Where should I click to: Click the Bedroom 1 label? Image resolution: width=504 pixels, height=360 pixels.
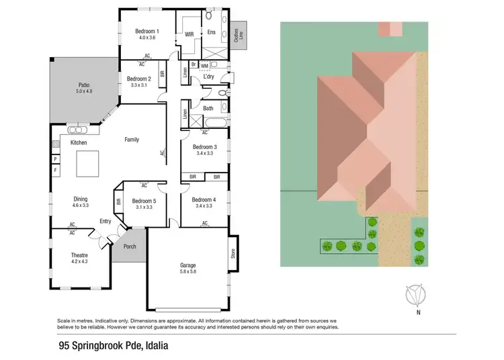pyautogui.click(x=146, y=31)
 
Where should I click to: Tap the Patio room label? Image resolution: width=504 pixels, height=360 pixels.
pyautogui.click(x=83, y=85)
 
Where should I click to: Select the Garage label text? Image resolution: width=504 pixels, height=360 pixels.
pyautogui.click(x=187, y=265)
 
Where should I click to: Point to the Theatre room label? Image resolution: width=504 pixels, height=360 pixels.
pyautogui.click(x=80, y=255)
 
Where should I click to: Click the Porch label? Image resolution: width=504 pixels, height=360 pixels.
pyautogui.click(x=129, y=246)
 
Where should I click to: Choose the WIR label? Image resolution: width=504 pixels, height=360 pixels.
pyautogui.click(x=190, y=33)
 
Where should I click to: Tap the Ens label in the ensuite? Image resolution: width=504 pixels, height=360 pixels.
pyautogui.click(x=211, y=32)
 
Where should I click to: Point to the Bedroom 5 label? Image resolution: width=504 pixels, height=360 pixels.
pyautogui.click(x=144, y=201)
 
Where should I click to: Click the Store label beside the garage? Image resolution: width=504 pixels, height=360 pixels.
pyautogui.click(x=233, y=253)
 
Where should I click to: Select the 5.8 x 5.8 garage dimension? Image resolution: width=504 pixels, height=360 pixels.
pyautogui.click(x=187, y=273)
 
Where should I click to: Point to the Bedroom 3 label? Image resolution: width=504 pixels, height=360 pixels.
pyautogui.click(x=204, y=146)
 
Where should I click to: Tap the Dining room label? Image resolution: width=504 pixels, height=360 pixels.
pyautogui.click(x=80, y=199)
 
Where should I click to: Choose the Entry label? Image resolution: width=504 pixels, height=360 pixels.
pyautogui.click(x=105, y=221)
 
